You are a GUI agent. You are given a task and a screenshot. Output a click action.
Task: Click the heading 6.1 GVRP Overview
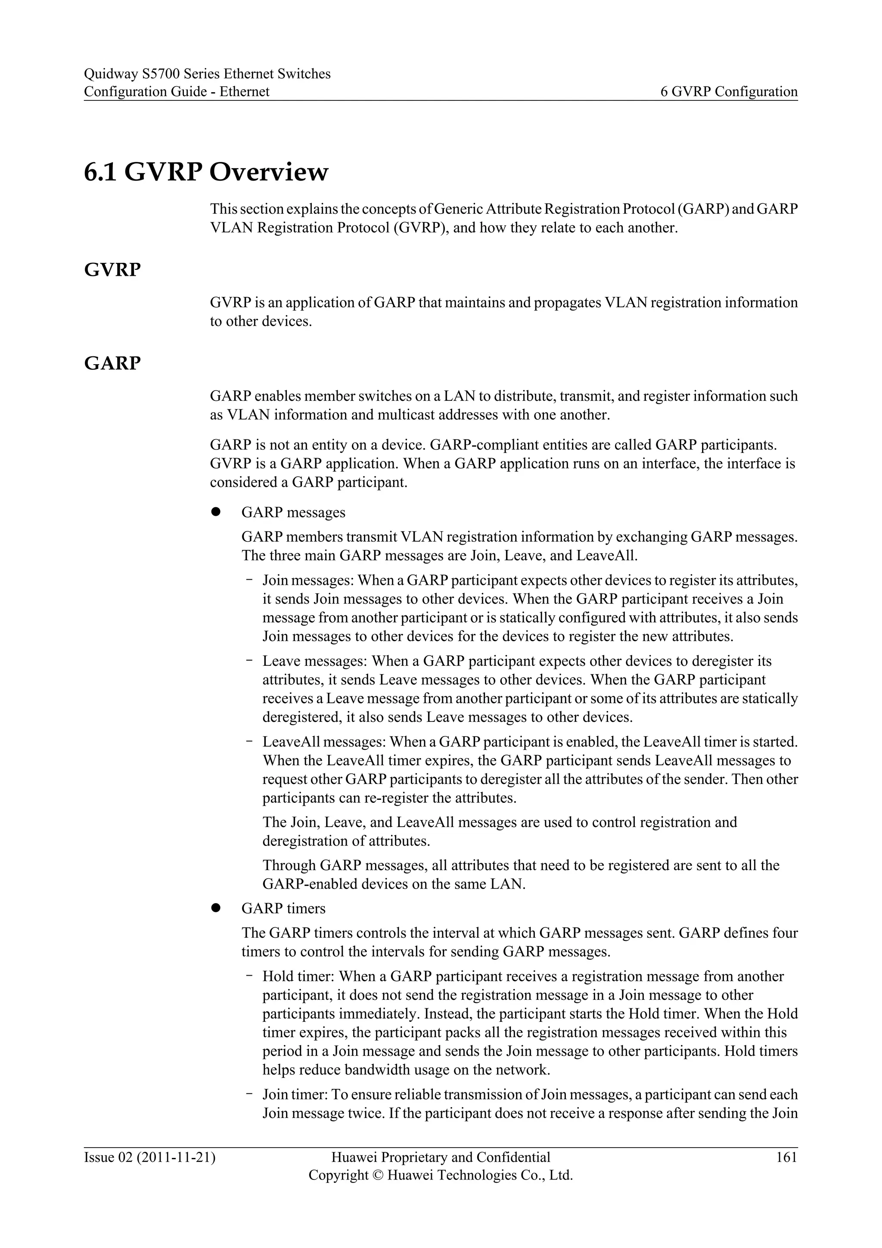[x=206, y=172]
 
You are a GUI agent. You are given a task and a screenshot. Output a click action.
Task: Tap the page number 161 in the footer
[x=786, y=1157]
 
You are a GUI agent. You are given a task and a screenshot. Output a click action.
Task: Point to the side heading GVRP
[x=112, y=270]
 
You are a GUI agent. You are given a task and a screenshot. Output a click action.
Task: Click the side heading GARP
[x=112, y=363]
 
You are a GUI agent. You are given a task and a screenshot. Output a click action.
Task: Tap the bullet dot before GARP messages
[x=215, y=512]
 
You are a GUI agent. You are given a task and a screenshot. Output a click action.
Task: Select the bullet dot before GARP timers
[x=215, y=908]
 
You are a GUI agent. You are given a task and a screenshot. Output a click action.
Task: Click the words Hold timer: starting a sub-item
[x=299, y=976]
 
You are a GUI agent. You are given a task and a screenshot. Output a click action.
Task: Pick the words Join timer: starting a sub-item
[x=295, y=1094]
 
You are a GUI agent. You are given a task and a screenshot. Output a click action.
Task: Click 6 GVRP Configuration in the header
[x=729, y=91]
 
